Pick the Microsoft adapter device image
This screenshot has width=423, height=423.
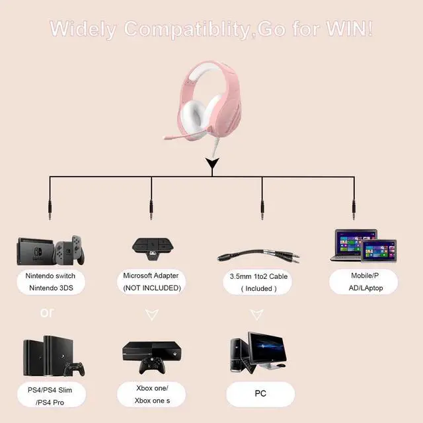pos(151,250)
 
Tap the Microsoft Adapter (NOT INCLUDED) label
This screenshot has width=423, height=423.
pos(151,282)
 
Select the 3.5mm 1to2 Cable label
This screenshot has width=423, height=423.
pos(260,282)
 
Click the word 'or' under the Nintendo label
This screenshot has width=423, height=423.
pos(47,311)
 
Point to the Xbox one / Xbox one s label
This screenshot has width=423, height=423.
pos(152,395)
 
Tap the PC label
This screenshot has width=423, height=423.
pos(260,393)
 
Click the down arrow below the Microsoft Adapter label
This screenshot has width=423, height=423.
pos(151,315)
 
